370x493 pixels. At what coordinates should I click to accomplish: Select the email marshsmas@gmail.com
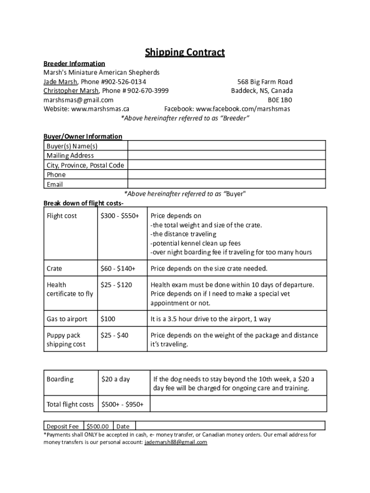pyautogui.click(x=78, y=100)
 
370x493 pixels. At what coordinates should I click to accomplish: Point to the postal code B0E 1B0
pyautogui.click(x=280, y=100)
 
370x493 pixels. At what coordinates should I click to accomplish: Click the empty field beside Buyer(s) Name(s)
pyautogui.click(x=226, y=145)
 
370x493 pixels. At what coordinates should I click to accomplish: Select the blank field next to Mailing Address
pyautogui.click(x=226, y=155)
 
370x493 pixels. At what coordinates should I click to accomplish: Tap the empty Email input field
pyautogui.click(x=226, y=184)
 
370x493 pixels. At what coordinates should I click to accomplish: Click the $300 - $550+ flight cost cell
pyautogui.click(x=120, y=216)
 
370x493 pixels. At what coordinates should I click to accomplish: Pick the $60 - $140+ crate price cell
pyautogui.click(x=118, y=268)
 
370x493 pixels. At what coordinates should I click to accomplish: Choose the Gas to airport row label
pyautogui.click(x=67, y=319)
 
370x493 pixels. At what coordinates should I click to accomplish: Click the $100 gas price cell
pyautogui.click(x=108, y=319)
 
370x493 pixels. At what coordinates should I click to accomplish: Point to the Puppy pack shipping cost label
pyautogui.click(x=66, y=339)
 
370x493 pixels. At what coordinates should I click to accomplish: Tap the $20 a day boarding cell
pyautogui.click(x=115, y=379)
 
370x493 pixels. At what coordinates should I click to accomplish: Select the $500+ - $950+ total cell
pyautogui.click(x=122, y=404)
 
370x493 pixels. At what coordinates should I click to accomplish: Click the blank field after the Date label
pyautogui.click(x=230, y=426)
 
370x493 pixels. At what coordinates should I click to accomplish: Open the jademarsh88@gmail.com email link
pyautogui.click(x=175, y=442)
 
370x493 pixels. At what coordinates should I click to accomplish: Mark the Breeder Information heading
pyautogui.click(x=74, y=63)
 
